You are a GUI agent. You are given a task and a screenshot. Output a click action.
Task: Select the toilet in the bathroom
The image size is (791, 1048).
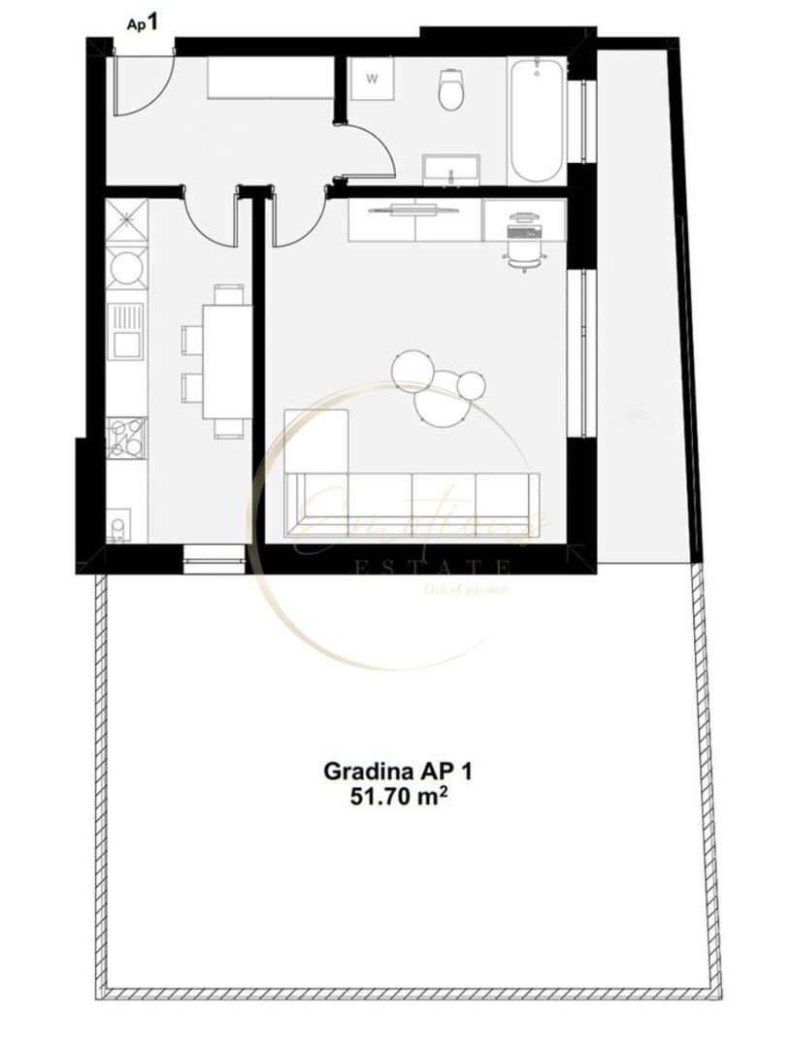click(452, 89)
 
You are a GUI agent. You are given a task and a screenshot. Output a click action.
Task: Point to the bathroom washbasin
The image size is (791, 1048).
click(451, 169)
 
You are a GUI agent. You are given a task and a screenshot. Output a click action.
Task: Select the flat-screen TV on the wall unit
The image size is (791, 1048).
click(415, 206)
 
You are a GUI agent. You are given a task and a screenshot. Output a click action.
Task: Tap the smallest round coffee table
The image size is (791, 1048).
click(473, 384)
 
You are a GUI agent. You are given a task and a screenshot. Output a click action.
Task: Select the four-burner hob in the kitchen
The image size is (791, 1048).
click(126, 436)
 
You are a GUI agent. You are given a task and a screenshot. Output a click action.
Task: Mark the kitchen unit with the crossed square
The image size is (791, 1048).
click(126, 219)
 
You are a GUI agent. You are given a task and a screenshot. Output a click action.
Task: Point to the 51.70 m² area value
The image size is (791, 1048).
click(397, 798)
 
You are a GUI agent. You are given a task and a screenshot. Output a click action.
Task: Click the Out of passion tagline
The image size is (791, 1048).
click(467, 589)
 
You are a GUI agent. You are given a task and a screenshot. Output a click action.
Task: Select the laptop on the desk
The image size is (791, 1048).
click(525, 218)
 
